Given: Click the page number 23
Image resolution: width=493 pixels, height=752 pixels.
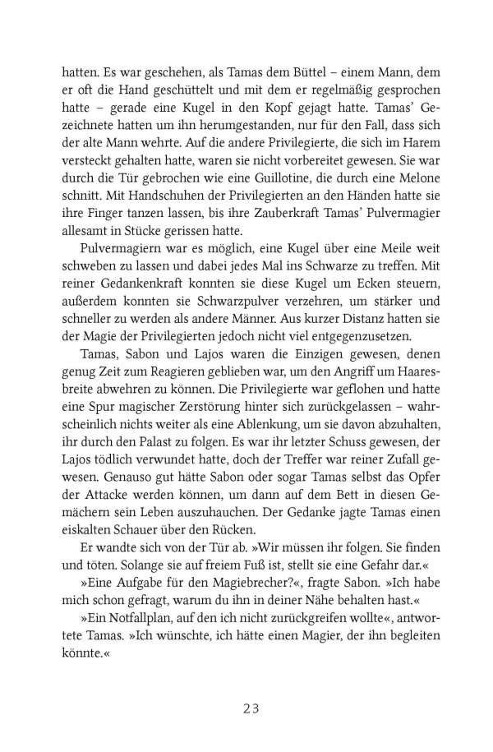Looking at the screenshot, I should tap(246, 682).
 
